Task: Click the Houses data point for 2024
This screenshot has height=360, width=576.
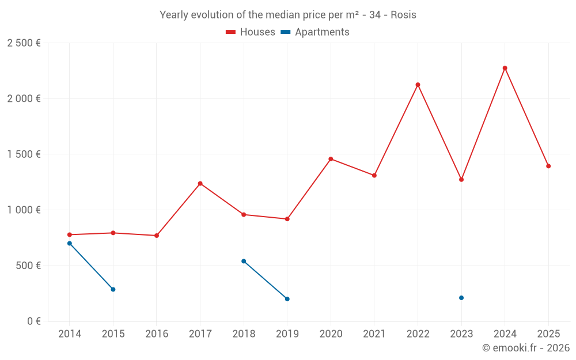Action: point(505,68)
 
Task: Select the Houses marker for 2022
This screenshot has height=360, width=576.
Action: point(418,85)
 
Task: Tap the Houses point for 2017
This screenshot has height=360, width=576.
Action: point(200,183)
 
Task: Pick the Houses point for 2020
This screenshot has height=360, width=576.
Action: point(331,159)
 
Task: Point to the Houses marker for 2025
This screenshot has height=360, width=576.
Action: point(548,166)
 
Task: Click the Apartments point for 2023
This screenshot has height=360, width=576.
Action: point(461,298)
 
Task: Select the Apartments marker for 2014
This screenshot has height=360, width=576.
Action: point(70,243)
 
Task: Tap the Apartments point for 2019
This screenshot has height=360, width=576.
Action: point(287,299)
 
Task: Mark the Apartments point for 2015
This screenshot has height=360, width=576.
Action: point(113,289)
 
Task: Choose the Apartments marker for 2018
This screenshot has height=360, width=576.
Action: point(244,261)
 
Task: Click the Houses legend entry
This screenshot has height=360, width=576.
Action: point(251,32)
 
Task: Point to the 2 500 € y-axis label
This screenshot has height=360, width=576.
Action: point(24,43)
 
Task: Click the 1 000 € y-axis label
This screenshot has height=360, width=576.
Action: point(24,210)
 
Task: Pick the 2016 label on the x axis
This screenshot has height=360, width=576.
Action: point(157,334)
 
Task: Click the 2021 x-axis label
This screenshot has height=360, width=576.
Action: point(374,334)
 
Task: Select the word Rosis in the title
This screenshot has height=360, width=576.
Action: point(403,15)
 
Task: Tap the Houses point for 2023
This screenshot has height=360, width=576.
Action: point(461,180)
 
